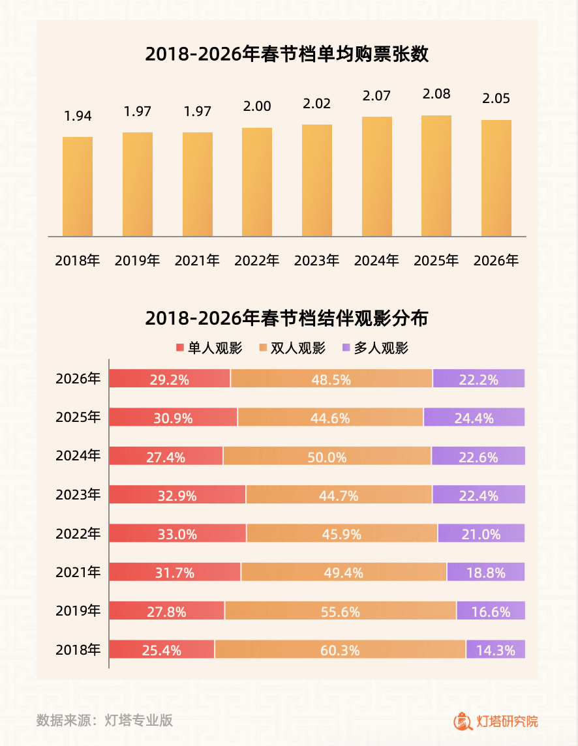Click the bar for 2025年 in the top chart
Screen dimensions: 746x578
pos(436,176)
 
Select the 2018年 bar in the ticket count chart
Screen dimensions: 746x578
pos(78,186)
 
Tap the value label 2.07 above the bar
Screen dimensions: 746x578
pos(376,97)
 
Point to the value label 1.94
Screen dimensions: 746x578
pos(78,116)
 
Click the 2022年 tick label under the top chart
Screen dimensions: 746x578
pos(257,261)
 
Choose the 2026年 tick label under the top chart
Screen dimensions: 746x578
pos(496,261)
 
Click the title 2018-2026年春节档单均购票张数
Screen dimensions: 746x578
pos(287,54)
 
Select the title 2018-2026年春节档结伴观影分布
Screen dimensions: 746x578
pos(287,318)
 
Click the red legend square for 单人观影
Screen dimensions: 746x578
pos(180,348)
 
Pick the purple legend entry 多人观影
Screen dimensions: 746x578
pos(375,348)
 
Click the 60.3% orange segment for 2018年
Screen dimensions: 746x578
pos(340,649)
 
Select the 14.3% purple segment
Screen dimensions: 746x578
pos(495,649)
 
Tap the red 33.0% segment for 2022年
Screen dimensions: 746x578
pos(177,533)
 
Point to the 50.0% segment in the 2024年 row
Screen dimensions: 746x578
pos(327,456)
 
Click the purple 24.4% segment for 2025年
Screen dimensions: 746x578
pos(474,417)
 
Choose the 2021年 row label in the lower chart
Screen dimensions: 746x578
pos(78,573)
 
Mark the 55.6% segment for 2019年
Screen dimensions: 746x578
pos(340,611)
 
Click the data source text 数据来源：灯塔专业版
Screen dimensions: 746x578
pos(104,720)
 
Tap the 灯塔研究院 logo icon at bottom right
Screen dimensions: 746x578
pos(463,721)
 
